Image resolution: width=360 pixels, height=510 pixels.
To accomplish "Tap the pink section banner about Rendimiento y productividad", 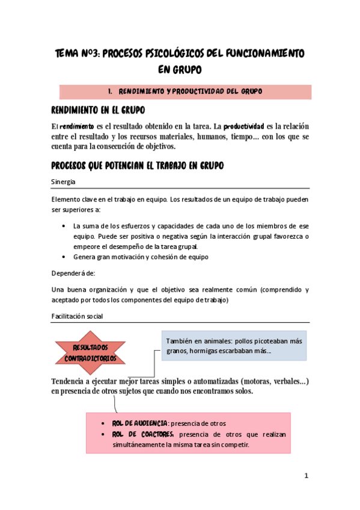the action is pos(185,91).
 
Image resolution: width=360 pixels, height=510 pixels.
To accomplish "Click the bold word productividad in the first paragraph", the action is pos(244,127).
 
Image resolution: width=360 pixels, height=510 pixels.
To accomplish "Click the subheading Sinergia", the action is pos(63,182).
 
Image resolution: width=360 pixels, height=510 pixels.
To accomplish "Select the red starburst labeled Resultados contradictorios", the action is pos(90,353).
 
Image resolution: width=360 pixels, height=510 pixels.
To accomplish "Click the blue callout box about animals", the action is pos(234,346).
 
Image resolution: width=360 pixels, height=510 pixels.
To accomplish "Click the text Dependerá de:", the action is pos(72,272).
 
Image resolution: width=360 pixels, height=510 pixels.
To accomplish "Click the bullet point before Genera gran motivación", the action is pos(64,257).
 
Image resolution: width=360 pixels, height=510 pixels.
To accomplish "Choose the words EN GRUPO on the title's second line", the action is pos(180,70).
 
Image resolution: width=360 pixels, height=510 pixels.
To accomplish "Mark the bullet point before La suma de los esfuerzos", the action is pos(64,226).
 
